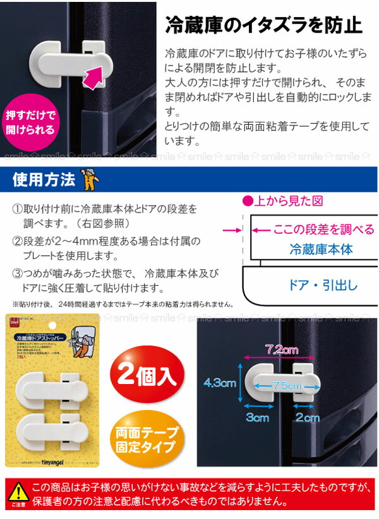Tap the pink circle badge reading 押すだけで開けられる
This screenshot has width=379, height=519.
[30, 124]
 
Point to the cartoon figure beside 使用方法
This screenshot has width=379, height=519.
[89, 180]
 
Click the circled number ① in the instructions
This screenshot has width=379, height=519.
[18, 209]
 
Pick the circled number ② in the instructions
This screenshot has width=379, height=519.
[18, 242]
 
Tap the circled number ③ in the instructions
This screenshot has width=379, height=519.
[18, 274]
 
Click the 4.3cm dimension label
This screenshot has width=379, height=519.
[220, 383]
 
